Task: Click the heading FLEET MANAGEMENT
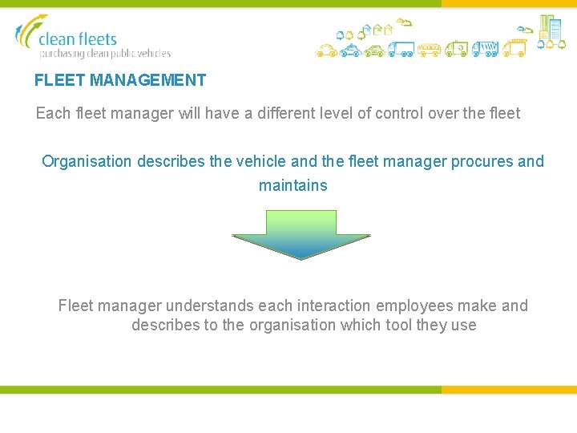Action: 120,80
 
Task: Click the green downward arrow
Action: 301,234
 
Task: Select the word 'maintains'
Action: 293,185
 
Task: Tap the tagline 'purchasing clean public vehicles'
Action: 105,54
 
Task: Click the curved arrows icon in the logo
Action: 29,32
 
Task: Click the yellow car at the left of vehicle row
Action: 325,51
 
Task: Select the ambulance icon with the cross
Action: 457,50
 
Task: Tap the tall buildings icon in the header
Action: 550,28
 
